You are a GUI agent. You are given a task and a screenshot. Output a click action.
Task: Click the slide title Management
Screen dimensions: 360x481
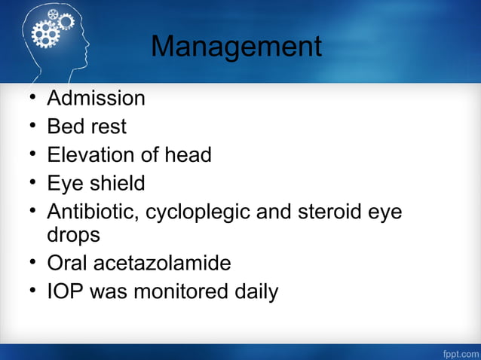tap(236, 47)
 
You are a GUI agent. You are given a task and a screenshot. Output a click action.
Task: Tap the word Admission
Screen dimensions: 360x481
tap(96, 98)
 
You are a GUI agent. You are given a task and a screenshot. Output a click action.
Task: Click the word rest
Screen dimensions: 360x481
tap(108, 127)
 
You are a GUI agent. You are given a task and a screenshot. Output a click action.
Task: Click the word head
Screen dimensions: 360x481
tap(187, 155)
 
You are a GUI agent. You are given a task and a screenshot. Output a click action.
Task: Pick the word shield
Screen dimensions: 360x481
tap(115, 183)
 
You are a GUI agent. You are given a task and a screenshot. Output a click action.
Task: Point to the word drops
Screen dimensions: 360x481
tap(73, 235)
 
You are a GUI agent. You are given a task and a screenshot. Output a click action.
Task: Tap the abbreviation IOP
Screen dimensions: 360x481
tap(65, 291)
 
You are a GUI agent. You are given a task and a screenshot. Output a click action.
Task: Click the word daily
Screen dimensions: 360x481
tap(253, 291)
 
